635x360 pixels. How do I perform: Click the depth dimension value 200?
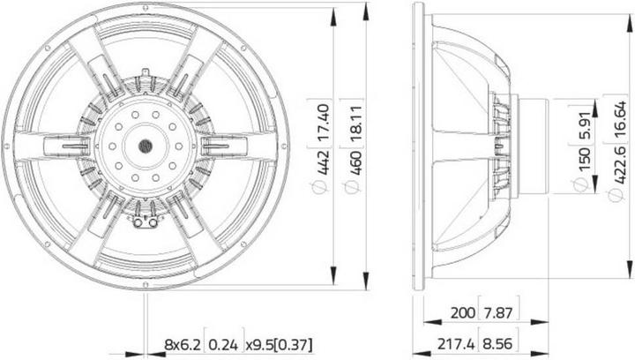pyautogui.click(x=463, y=311)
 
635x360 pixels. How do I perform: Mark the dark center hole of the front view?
pyautogui.click(x=144, y=144)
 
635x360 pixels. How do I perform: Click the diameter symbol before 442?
pyautogui.click(x=325, y=187)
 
